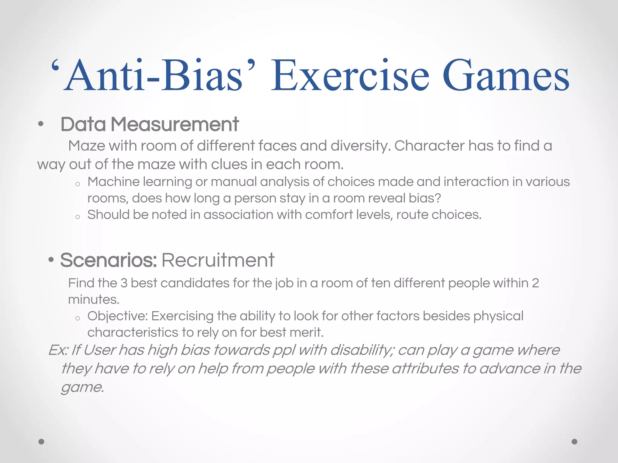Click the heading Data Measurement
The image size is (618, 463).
[150, 124]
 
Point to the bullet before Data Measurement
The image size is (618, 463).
[41, 124]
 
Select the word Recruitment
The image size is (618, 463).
[218, 260]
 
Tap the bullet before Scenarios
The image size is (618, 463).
[51, 260]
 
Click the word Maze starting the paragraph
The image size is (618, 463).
[87, 146]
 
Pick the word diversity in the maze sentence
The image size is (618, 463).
[361, 146]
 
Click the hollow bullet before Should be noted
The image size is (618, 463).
[78, 217]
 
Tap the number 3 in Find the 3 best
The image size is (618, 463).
[124, 283]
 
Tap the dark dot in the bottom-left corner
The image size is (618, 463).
[41, 442]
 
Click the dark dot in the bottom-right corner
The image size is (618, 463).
[574, 442]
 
